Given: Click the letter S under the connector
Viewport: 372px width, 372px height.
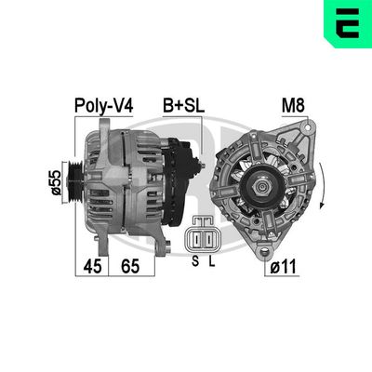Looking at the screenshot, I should pyautogui.click(x=194, y=262).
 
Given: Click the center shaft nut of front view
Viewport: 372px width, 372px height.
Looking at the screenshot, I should pyautogui.click(x=263, y=190).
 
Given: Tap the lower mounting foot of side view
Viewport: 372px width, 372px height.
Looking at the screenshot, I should pyautogui.click(x=157, y=244).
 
